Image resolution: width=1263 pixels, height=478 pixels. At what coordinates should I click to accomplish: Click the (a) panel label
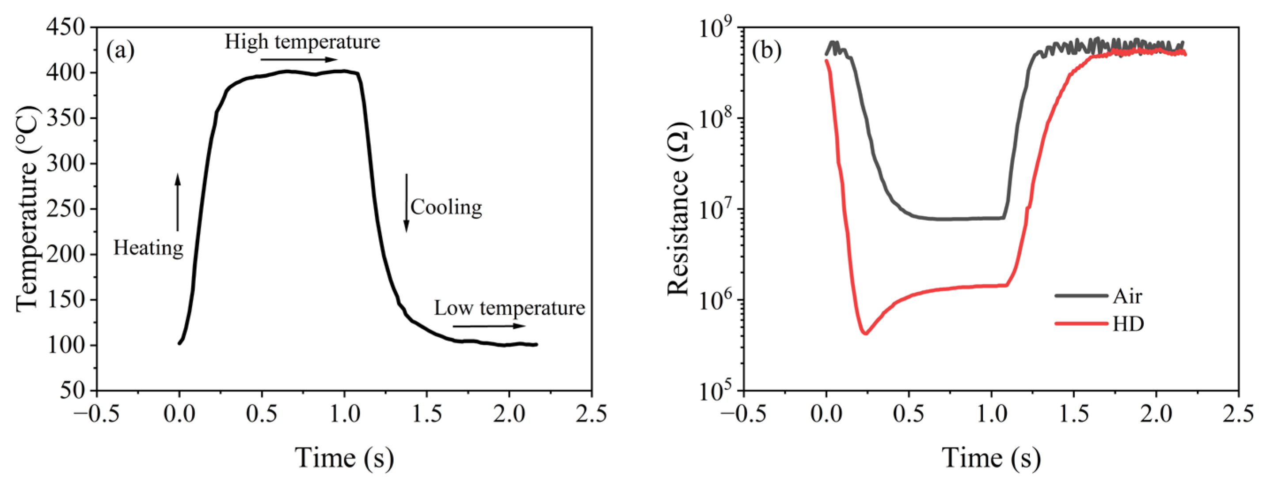[121, 51]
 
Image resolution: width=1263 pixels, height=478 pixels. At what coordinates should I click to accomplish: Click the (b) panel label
[767, 51]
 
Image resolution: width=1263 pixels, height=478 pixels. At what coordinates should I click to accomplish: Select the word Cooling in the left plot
[446, 207]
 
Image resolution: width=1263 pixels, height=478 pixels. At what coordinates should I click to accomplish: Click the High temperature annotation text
[302, 42]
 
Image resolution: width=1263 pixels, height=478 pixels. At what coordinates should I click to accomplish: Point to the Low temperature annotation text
[510, 308]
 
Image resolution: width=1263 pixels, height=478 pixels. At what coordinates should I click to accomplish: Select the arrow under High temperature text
[299, 60]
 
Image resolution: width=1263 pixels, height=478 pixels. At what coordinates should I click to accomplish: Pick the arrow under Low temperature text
[489, 326]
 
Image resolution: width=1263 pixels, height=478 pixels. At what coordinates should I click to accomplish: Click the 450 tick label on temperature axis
[67, 27]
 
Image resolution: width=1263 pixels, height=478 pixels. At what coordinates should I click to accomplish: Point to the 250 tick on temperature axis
[67, 209]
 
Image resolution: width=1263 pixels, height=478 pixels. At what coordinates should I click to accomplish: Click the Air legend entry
[1127, 296]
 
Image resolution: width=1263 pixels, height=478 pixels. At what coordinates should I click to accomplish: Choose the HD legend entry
[1128, 324]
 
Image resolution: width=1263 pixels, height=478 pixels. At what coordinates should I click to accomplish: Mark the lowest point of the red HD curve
[866, 334]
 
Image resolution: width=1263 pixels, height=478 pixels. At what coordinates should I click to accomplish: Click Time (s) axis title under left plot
[344, 458]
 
